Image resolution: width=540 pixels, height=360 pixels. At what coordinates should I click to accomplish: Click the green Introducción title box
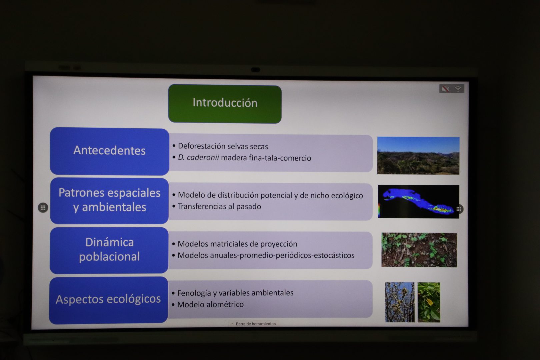225,104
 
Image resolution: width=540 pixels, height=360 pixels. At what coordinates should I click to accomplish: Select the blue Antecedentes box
109,151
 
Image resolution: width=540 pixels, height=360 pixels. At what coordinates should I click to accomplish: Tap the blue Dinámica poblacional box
109,250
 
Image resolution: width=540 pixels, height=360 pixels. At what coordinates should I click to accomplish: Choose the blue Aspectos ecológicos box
108,300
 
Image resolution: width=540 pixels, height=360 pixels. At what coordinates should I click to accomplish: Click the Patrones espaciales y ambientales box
109,201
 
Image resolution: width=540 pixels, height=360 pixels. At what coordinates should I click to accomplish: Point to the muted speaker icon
445,89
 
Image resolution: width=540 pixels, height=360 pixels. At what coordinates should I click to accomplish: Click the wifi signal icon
458,89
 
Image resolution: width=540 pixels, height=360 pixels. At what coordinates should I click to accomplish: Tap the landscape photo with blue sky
418,156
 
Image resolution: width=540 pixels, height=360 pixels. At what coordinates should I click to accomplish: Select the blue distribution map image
419,202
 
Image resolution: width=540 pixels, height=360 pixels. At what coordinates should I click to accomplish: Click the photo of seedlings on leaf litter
419,250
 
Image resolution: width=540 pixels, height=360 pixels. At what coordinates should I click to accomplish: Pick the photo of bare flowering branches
400,302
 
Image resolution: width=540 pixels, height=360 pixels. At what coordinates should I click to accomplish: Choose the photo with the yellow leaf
429,302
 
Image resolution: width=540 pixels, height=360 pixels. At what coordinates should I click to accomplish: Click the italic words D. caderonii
198,158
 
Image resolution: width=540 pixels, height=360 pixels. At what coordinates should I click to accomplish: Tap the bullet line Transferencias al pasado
217,206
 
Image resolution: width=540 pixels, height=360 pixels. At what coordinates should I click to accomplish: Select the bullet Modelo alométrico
208,305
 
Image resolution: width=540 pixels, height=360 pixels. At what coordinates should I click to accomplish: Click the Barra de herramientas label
256,324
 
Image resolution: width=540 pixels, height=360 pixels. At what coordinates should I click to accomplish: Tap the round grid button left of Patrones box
43,208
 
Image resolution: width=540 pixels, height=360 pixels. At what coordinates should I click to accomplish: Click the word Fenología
191,293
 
